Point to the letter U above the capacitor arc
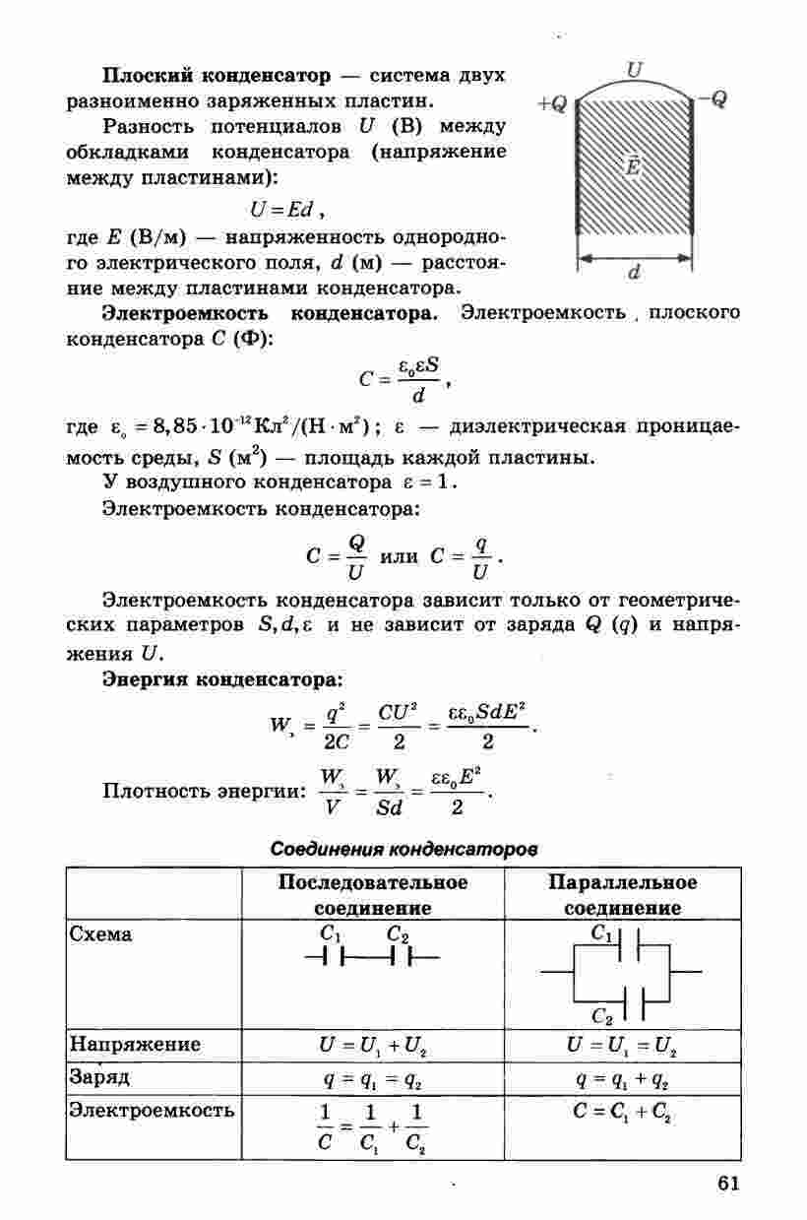[x=635, y=70]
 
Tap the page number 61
[x=728, y=1183]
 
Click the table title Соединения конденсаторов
[x=403, y=848]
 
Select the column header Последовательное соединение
[x=373, y=894]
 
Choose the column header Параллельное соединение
[x=622, y=894]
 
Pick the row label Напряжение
[x=134, y=1044]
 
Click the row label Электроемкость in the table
[x=151, y=1111]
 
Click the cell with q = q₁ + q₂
[x=622, y=1078]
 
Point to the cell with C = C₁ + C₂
[x=622, y=1113]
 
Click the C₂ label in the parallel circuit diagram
[x=602, y=1015]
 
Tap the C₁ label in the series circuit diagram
[x=330, y=933]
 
